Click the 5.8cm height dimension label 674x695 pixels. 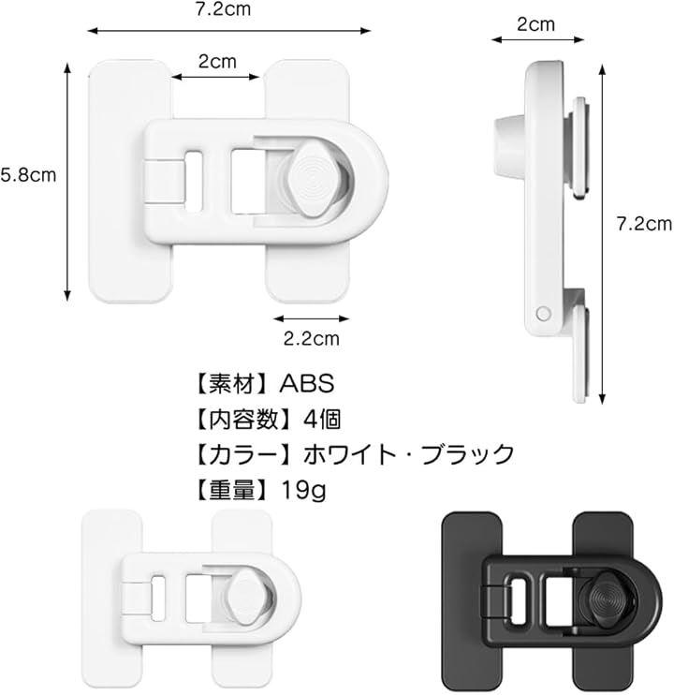click(28, 175)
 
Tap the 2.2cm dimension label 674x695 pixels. click(312, 339)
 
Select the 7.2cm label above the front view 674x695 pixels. click(223, 8)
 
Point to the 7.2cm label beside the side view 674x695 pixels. click(644, 224)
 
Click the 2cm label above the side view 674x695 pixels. click(535, 24)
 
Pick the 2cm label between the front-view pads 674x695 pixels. click(217, 61)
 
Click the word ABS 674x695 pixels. click(306, 383)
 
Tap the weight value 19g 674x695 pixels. click(304, 490)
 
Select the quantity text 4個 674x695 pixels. click(322, 419)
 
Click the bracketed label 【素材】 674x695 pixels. click(231, 383)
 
